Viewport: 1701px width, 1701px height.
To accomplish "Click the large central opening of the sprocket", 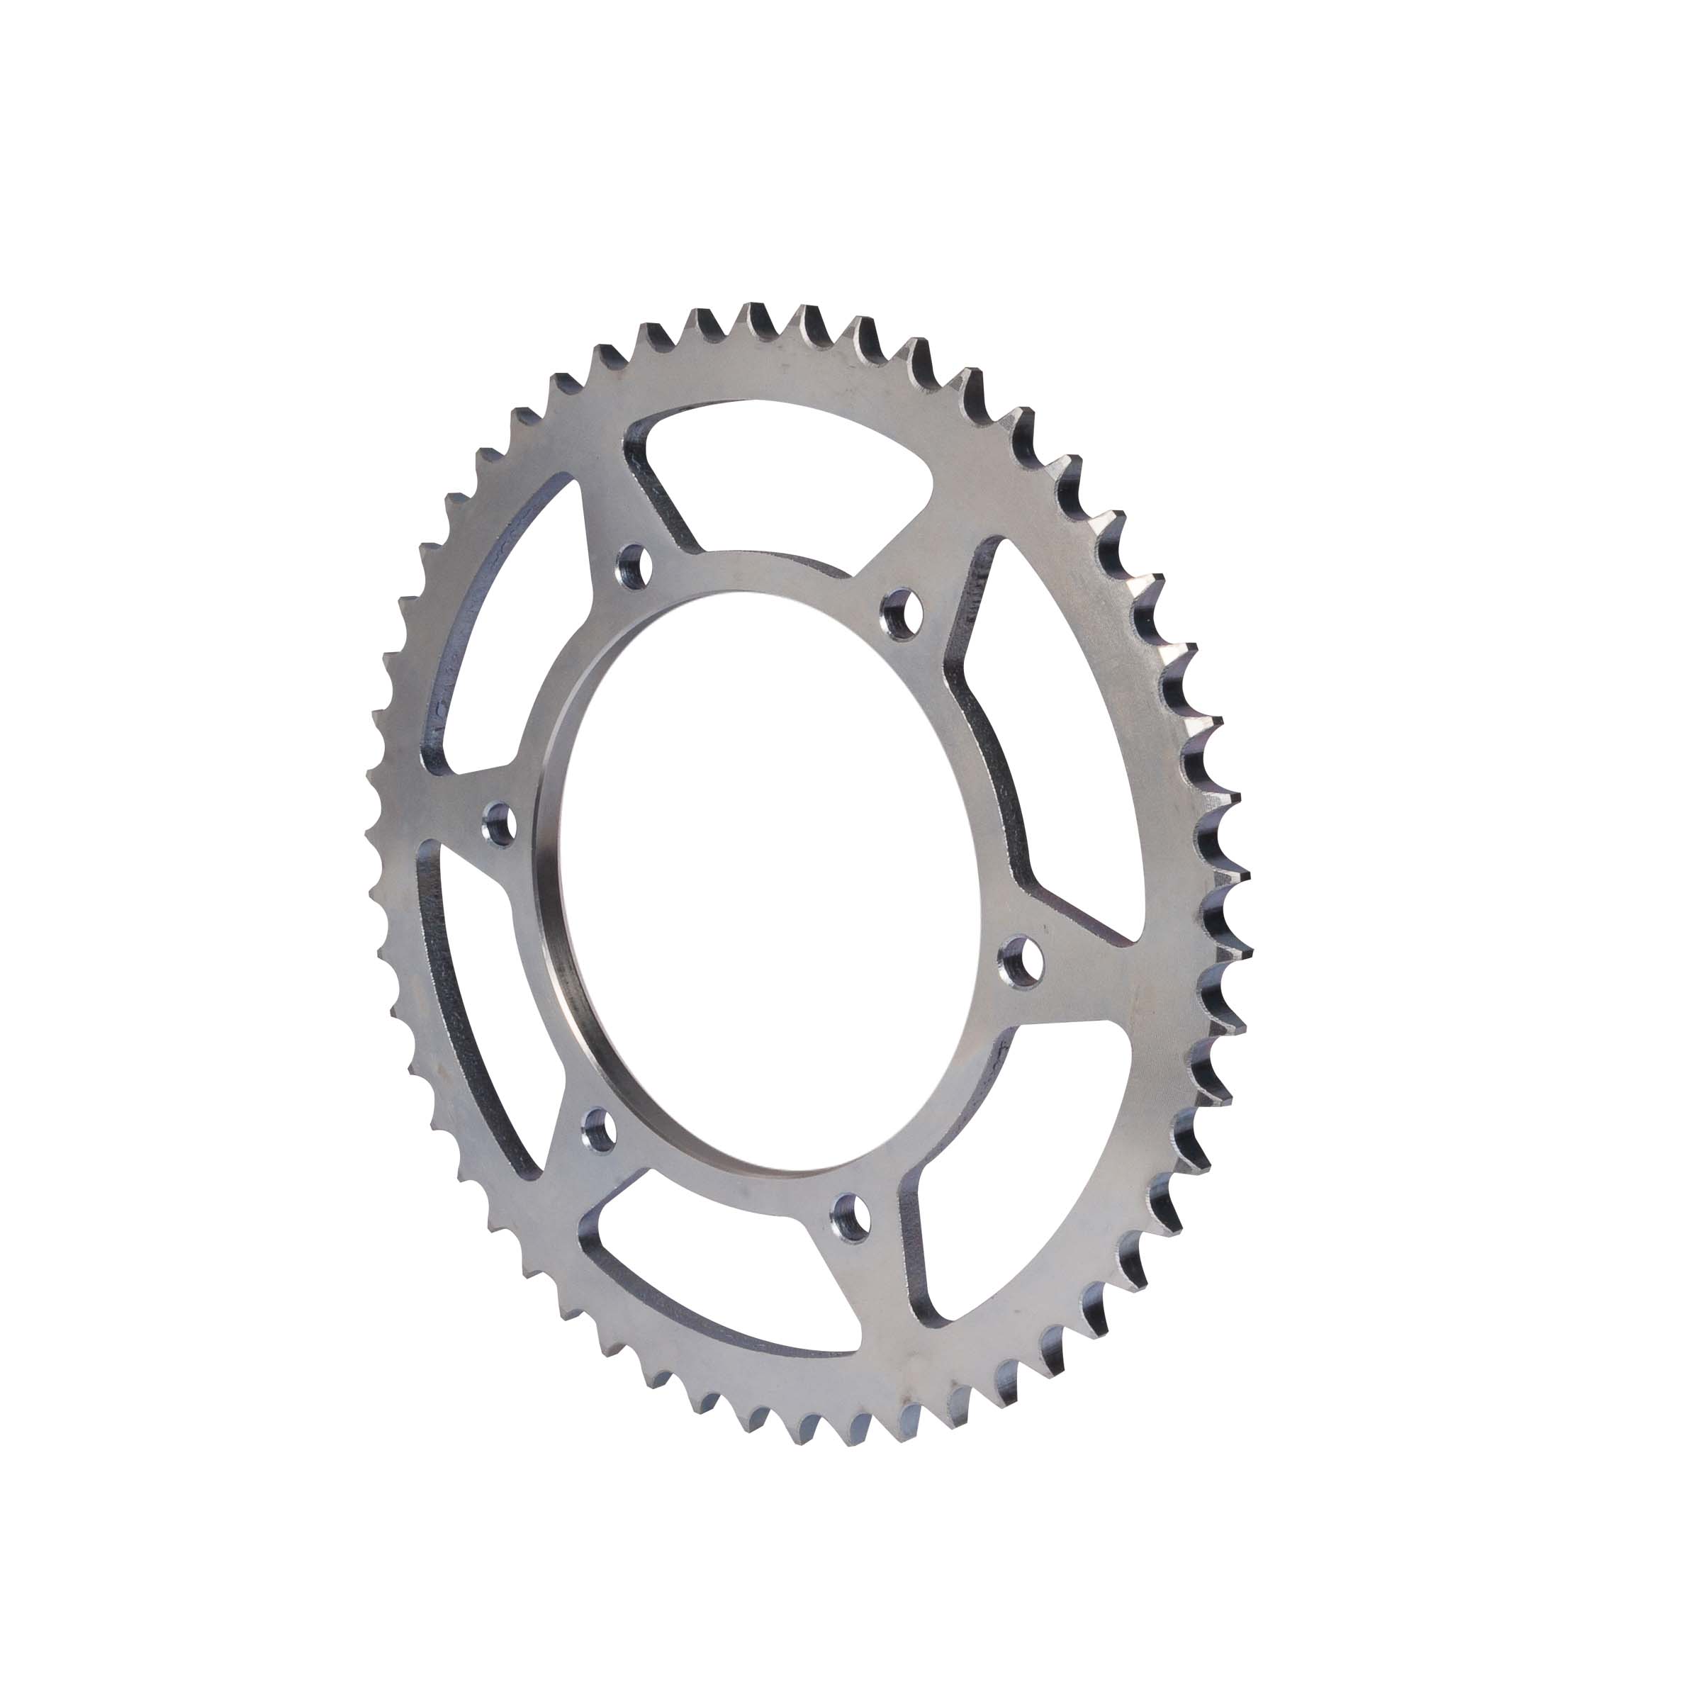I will coord(766,880).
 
